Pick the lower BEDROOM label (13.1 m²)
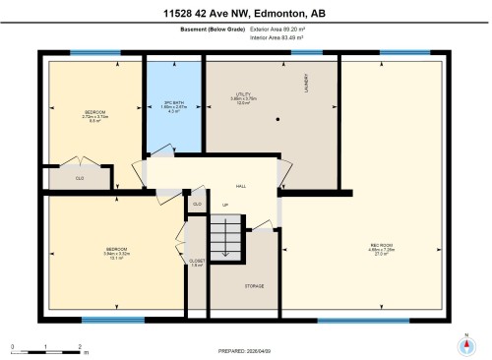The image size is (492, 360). tap(115, 251)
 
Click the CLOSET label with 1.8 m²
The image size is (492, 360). tap(196, 261)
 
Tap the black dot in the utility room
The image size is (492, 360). tap(277, 120)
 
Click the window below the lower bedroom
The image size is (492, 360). tap(106, 320)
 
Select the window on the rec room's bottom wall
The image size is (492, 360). tap(349, 320)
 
